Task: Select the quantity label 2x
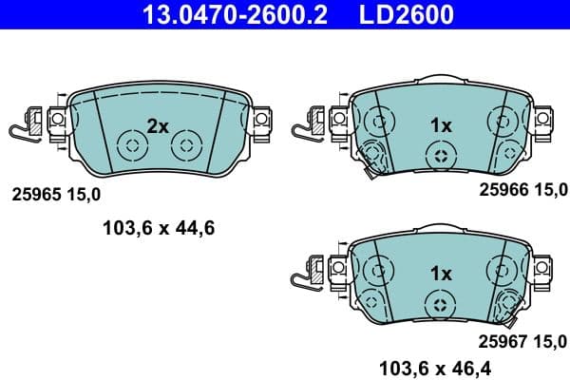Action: pyautogui.click(x=158, y=124)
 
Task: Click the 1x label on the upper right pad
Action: pyautogui.click(x=439, y=124)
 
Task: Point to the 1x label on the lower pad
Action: pyautogui.click(x=439, y=273)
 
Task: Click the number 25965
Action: pyautogui.click(x=35, y=195)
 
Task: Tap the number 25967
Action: pyautogui.click(x=500, y=340)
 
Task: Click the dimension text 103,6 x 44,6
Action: pyautogui.click(x=158, y=227)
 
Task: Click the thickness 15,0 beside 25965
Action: pyautogui.click(x=83, y=195)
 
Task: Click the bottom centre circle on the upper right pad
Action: pyautogui.click(x=439, y=156)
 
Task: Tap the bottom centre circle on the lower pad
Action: pyautogui.click(x=439, y=304)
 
